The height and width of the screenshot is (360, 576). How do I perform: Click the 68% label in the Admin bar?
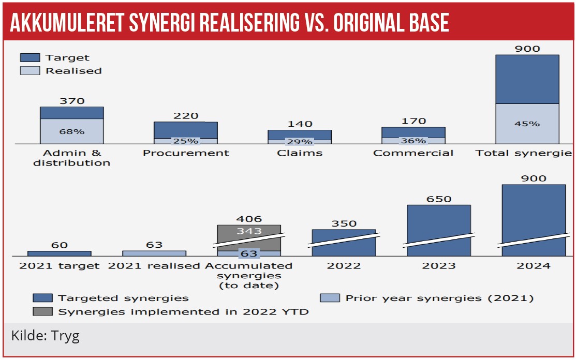(72, 131)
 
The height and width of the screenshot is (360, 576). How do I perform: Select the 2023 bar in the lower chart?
(438, 228)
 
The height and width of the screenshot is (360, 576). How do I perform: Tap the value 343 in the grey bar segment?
(249, 231)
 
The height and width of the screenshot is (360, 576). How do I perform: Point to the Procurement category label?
(186, 153)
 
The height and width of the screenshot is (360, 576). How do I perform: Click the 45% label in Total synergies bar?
(527, 124)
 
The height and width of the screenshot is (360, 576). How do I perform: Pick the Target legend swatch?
(30, 57)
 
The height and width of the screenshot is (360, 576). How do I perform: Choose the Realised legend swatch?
(30, 70)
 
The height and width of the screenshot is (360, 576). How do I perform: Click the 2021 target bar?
(59, 253)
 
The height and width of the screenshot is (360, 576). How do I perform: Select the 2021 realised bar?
(154, 253)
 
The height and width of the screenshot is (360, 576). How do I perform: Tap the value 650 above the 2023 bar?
(439, 199)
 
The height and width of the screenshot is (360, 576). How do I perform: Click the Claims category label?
(300, 153)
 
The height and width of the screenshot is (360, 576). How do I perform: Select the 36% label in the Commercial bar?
(413, 141)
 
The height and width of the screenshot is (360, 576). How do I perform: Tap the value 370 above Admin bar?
(72, 101)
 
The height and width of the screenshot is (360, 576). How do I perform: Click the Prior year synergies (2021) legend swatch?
(330, 298)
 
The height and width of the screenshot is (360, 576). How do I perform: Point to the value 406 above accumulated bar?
(249, 219)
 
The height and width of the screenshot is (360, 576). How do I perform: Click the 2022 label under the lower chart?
(344, 266)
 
